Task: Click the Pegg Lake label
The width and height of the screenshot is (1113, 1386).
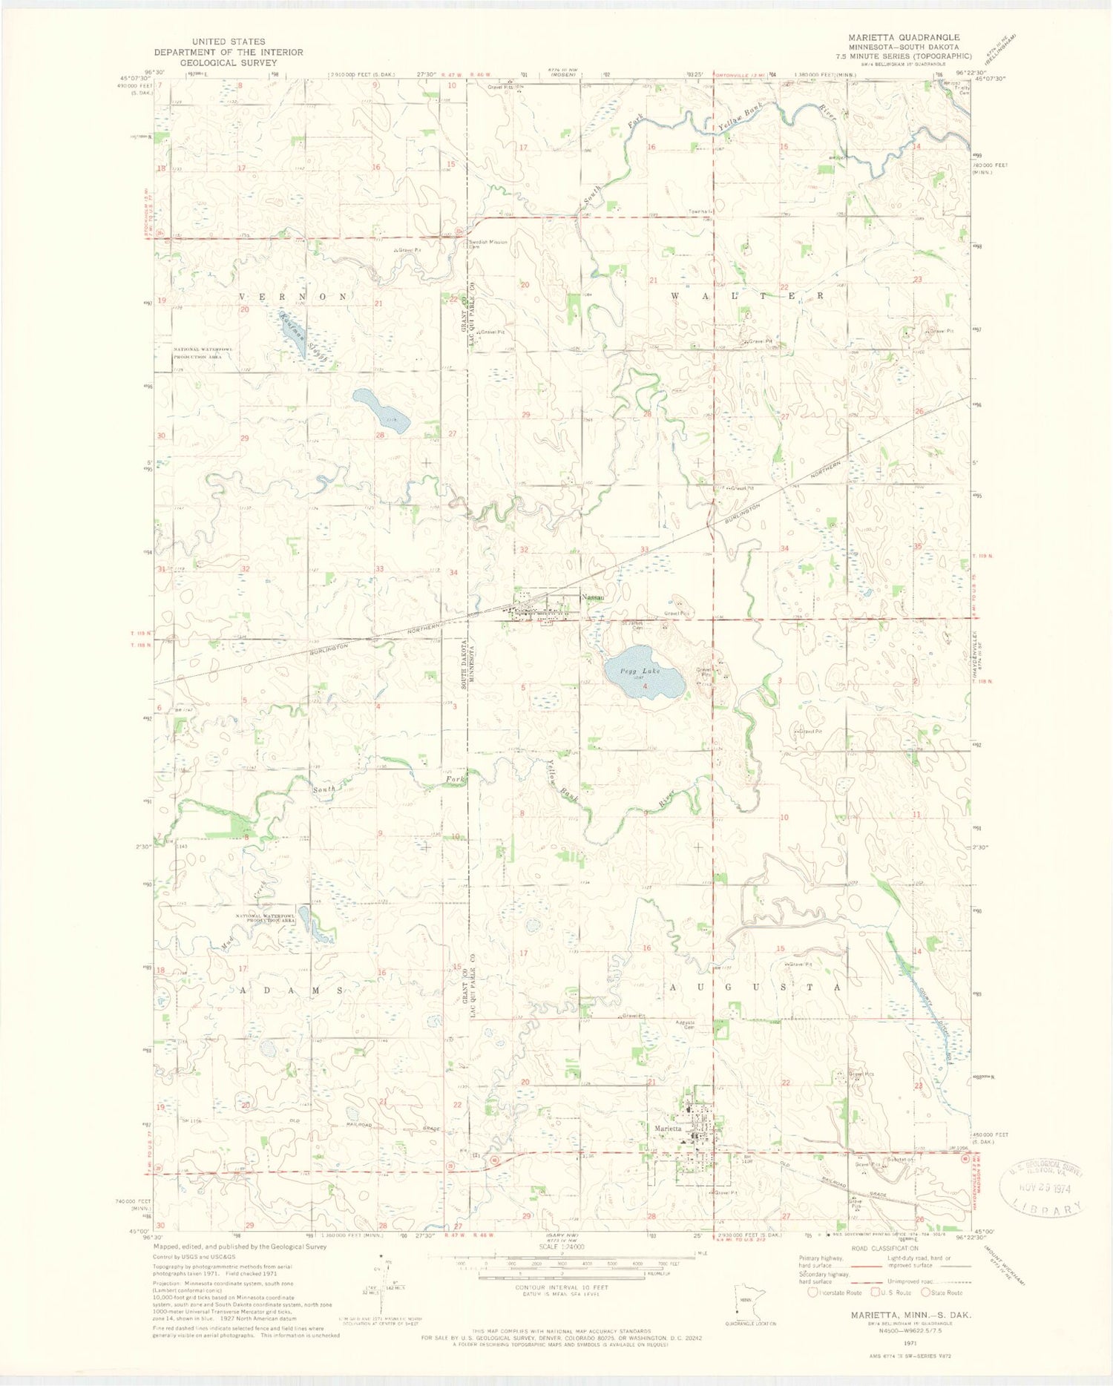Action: point(640,671)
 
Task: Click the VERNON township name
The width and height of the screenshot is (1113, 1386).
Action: point(292,296)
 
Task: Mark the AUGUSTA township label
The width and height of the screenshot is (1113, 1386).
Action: point(755,988)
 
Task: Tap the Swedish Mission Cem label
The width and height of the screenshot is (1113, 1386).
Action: point(487,244)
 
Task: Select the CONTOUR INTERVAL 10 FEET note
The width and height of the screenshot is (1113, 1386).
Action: point(561,1287)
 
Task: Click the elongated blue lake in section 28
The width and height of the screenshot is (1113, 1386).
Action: point(381,410)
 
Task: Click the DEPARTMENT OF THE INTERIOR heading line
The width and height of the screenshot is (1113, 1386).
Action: point(229,52)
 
